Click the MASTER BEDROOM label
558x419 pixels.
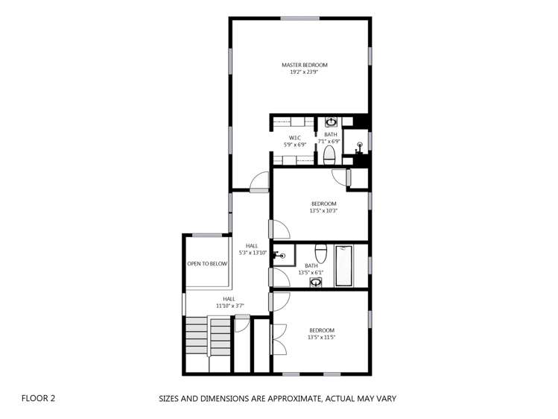(304, 65)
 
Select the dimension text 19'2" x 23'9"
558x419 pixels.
(304, 72)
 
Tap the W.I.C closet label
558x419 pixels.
(296, 137)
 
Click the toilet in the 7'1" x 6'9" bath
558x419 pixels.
(329, 154)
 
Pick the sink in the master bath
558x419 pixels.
(331, 122)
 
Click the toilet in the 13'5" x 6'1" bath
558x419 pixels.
(321, 251)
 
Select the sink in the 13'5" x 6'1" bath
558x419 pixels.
(315, 282)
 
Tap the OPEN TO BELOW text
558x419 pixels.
(207, 263)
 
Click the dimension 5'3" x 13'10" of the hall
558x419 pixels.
(252, 253)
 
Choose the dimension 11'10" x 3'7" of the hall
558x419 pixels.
(229, 306)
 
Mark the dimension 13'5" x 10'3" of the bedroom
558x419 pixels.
(324, 211)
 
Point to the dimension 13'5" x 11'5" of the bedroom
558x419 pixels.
(322, 337)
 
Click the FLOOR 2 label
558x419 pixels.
(38, 398)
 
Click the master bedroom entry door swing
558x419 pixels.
(259, 181)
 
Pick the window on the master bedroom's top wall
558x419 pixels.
(300, 18)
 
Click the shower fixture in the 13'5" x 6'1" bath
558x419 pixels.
(281, 255)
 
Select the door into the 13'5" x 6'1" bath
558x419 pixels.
(278, 277)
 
